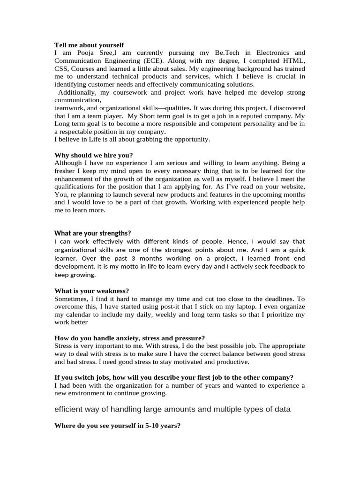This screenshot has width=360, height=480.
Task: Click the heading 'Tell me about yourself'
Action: point(89,45)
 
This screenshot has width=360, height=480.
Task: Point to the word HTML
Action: point(294,61)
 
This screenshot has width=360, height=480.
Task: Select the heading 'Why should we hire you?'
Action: point(94,155)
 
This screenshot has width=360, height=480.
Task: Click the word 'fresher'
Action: point(66,171)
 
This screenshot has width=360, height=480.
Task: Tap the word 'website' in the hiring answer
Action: point(292,187)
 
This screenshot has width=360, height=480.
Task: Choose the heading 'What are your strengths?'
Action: point(92,233)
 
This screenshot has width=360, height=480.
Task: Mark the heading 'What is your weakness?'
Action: point(91,291)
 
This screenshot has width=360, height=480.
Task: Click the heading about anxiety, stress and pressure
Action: point(129,338)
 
